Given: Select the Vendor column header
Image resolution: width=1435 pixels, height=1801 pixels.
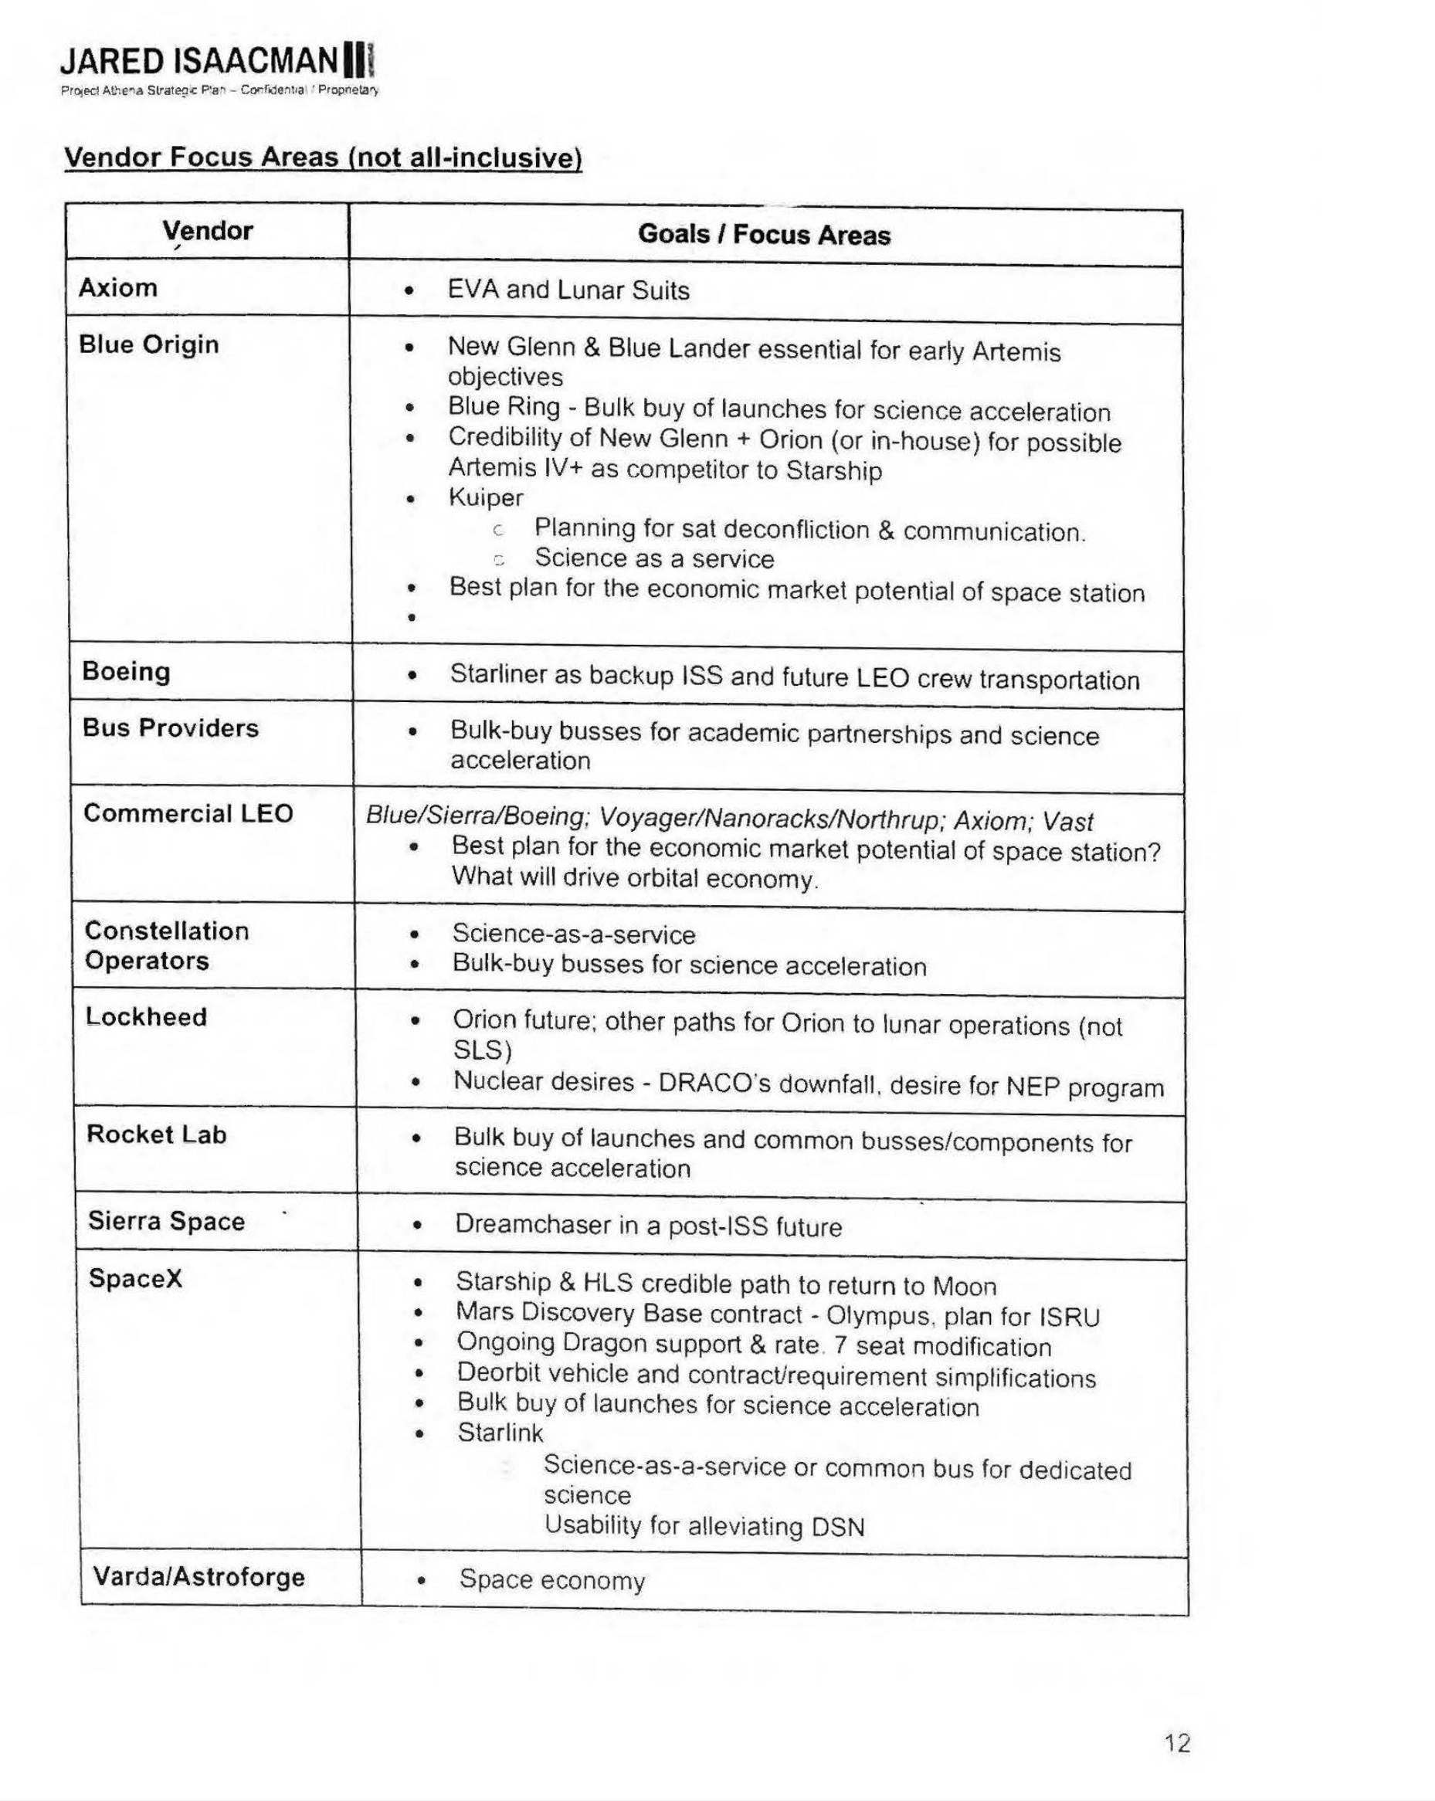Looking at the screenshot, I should pyautogui.click(x=207, y=231).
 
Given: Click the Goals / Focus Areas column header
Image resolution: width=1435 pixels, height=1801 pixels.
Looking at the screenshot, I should pyautogui.click(x=763, y=235).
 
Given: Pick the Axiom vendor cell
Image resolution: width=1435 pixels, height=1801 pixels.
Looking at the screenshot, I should pyautogui.click(x=117, y=287).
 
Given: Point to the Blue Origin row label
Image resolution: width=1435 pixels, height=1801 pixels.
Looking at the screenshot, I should pyautogui.click(x=149, y=344).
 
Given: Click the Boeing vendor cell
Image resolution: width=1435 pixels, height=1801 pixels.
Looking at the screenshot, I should pyautogui.click(x=126, y=671).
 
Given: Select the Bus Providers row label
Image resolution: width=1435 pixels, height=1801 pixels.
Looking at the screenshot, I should pyautogui.click(x=171, y=728).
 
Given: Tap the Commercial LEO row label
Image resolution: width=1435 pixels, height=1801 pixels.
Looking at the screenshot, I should pyautogui.click(x=188, y=812).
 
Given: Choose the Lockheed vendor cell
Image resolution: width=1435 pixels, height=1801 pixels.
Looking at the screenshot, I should pyautogui.click(x=146, y=1016).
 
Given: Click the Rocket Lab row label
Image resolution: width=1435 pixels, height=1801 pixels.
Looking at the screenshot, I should pyautogui.click(x=156, y=1134).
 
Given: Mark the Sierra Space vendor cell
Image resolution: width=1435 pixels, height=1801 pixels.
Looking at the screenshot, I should pyautogui.click(x=166, y=1220).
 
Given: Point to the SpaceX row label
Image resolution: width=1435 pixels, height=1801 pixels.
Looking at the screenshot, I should pyautogui.click(x=135, y=1278).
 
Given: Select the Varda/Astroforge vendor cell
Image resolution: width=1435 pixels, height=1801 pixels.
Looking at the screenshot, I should pyautogui.click(x=198, y=1576).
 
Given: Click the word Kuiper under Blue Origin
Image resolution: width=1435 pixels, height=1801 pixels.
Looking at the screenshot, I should pyautogui.click(x=485, y=497).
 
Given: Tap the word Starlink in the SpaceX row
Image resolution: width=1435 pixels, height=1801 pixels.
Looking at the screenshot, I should pyautogui.click(x=500, y=1433).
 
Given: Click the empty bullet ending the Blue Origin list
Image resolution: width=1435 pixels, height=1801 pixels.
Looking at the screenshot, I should pyautogui.click(x=410, y=618).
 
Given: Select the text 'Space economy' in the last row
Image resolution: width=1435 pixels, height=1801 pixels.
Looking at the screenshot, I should pyautogui.click(x=551, y=1579).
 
